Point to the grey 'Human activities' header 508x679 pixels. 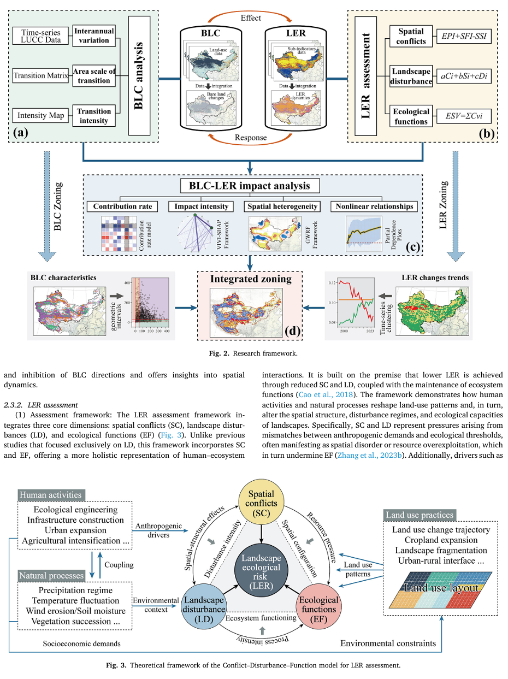tap(50, 495)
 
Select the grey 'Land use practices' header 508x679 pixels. tap(420, 515)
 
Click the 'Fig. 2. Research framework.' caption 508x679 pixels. tap(253, 353)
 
